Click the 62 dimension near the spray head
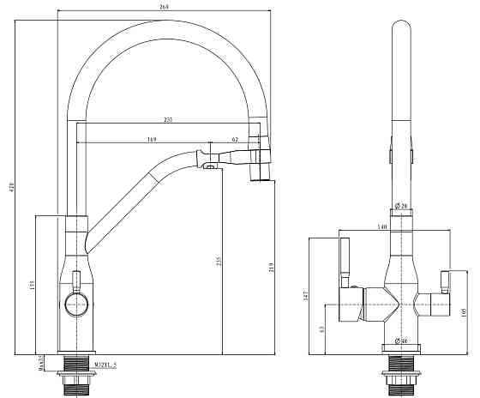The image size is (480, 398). click(235, 139)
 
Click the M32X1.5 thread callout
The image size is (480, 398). click(107, 365)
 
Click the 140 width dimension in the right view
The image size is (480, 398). click(383, 226)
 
